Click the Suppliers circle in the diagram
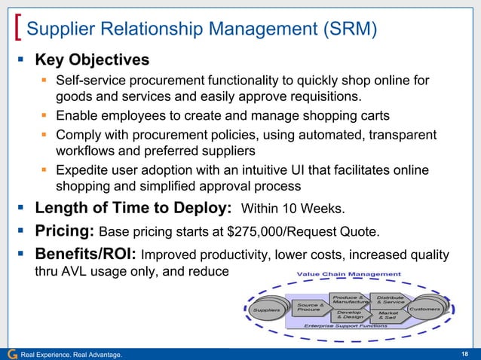[x=268, y=310]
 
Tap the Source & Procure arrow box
[x=311, y=307]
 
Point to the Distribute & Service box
[x=390, y=299]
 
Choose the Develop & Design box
[x=351, y=316]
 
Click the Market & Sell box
[x=389, y=315]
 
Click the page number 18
[x=465, y=353]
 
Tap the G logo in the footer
[x=10, y=353]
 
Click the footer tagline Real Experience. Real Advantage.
[x=72, y=354]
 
